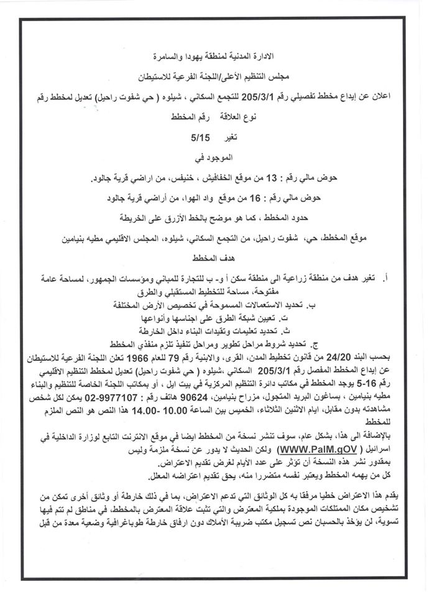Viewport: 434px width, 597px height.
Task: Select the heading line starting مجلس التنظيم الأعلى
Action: pos(217,77)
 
